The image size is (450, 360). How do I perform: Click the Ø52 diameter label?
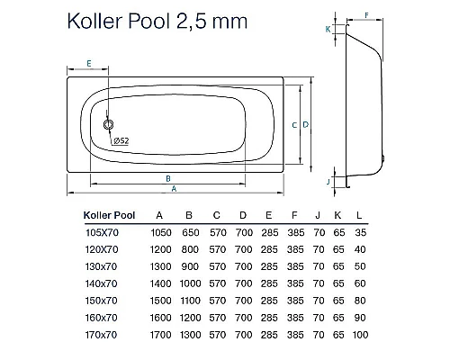pos(122,140)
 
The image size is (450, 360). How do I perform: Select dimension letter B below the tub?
pos(168,178)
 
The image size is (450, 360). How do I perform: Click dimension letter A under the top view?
pos(174,189)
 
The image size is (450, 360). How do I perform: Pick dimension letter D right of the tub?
pos(306,125)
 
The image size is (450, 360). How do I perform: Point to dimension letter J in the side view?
pos(328,182)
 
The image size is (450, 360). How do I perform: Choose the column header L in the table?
pos(361,215)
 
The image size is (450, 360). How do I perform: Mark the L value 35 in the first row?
pos(361,232)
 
